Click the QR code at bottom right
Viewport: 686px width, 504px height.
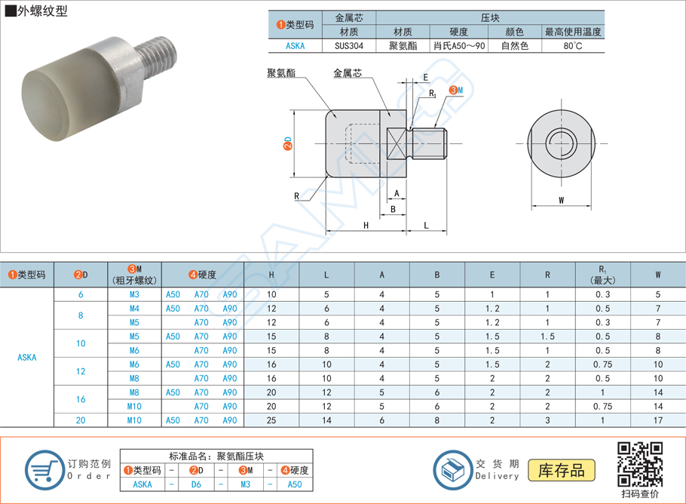640,464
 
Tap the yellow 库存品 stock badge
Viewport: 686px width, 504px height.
562,470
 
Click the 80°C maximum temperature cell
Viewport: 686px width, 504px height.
573,46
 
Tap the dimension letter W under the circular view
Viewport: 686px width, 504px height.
562,200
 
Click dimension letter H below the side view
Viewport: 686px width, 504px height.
366,226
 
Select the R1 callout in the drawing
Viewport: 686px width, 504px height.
432,94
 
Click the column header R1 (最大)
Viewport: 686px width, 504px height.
602,275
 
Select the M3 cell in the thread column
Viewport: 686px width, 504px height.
134,294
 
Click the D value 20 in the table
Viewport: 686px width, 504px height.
81,420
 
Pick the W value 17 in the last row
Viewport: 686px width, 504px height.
657,420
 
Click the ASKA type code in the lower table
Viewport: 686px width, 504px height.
26,358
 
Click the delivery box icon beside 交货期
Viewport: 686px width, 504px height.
453,469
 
